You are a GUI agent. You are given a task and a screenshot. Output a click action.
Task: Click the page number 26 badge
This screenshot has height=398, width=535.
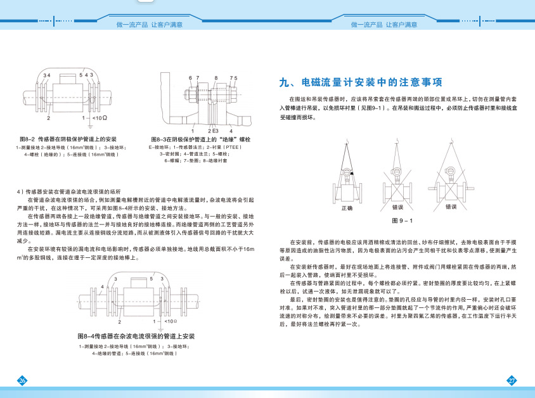click(x=22, y=380)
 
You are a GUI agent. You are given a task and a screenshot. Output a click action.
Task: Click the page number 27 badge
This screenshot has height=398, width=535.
click(x=512, y=380)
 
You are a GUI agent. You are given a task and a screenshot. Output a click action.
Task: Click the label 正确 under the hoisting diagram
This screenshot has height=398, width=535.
click(x=347, y=207)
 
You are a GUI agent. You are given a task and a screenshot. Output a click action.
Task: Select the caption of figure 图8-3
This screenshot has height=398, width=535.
click(x=200, y=139)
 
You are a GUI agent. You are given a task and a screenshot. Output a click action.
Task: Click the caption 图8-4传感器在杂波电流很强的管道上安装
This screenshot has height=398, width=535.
click(x=135, y=335)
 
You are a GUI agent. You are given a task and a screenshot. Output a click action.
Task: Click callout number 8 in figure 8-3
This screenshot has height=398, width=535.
click(x=216, y=77)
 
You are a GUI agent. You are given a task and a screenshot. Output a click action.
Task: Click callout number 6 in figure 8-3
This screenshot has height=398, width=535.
click(x=190, y=77)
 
